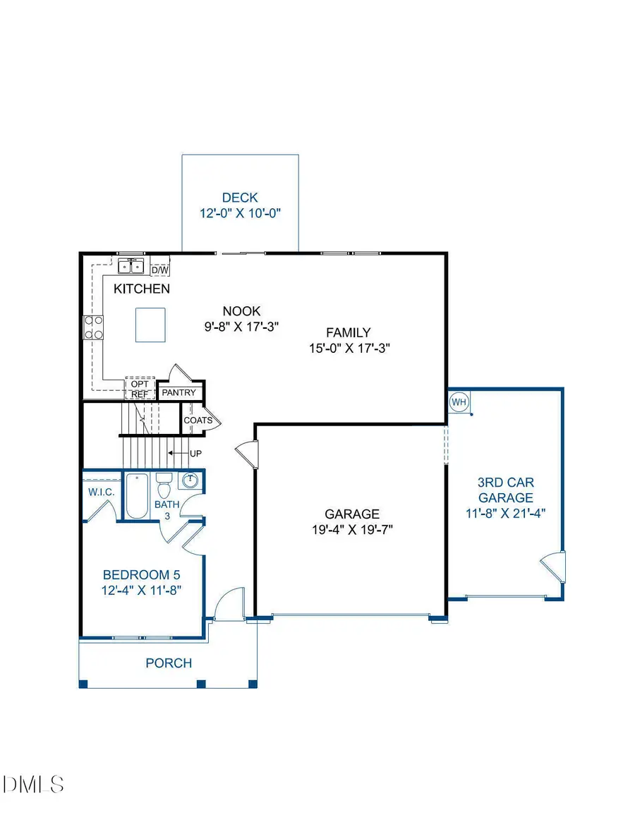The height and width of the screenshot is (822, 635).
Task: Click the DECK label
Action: tap(240, 198)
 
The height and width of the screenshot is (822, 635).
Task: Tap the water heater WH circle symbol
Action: tap(459, 402)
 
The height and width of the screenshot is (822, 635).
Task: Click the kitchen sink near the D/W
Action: tap(131, 267)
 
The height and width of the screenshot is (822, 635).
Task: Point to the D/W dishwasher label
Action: tap(160, 270)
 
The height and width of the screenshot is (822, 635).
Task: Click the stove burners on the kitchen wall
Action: tap(94, 327)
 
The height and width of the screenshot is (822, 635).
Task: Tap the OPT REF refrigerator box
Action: tap(139, 389)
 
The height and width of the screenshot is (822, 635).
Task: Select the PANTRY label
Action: tap(180, 392)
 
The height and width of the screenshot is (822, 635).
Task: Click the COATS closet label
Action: tap(198, 420)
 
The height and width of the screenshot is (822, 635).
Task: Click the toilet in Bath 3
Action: tap(164, 487)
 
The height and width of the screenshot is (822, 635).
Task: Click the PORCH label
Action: tap(169, 663)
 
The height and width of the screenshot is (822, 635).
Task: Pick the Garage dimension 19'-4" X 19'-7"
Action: tap(351, 530)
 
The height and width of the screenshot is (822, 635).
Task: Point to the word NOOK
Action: tap(241, 310)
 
